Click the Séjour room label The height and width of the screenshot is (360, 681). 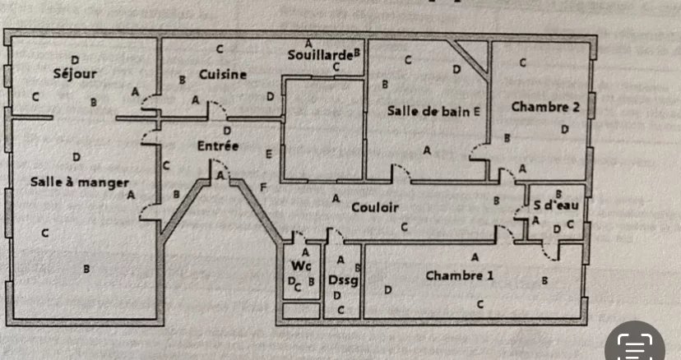[75, 74]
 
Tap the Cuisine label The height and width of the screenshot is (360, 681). [222, 74]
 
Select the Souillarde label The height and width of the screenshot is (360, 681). [319, 55]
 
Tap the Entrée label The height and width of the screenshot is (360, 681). [217, 145]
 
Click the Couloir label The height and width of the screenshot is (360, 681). [374, 208]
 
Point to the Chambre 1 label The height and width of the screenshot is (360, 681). [459, 275]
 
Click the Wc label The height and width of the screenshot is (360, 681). [300, 266]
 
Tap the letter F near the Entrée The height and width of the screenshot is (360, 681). [263, 187]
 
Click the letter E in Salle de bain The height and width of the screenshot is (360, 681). [477, 110]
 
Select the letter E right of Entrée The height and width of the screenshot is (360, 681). [269, 154]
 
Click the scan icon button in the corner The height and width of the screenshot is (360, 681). [635, 346]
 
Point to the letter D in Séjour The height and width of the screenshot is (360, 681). [75, 59]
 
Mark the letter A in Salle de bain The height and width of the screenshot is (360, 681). [427, 150]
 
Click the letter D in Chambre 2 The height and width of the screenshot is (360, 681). [564, 130]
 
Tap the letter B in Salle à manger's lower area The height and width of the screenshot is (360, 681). [86, 269]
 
